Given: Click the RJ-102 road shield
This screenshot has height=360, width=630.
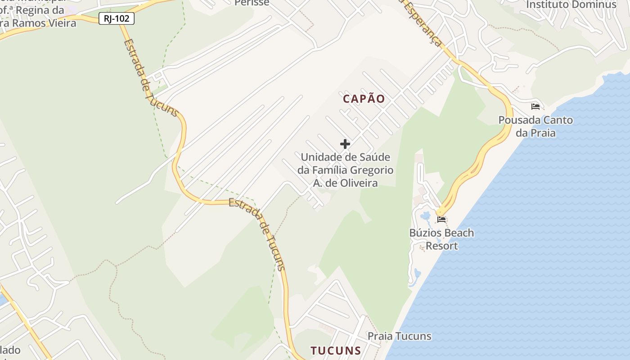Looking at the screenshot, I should [x=117, y=18].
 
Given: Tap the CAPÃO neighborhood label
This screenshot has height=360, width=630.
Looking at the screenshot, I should [x=364, y=99].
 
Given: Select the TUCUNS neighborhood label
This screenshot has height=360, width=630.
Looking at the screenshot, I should [x=336, y=351].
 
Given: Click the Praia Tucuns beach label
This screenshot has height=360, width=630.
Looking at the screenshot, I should [x=399, y=336].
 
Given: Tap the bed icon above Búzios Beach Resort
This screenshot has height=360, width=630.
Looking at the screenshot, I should [x=441, y=220].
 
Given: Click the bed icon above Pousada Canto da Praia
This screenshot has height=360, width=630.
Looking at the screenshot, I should [x=535, y=107].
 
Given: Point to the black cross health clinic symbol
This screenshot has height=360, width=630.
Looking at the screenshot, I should [x=345, y=144].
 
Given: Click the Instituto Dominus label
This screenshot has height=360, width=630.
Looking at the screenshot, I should [x=571, y=4].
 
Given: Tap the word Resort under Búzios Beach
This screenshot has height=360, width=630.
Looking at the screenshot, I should [x=441, y=246].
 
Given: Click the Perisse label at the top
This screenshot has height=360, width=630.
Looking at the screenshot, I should [x=252, y=3].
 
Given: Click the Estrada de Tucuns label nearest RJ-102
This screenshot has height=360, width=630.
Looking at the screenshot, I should [x=150, y=77].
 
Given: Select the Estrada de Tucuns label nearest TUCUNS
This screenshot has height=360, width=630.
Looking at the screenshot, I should [x=258, y=234].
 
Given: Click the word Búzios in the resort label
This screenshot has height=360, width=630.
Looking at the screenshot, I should [x=424, y=233].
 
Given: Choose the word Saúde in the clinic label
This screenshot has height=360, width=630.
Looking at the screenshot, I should [x=375, y=157].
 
